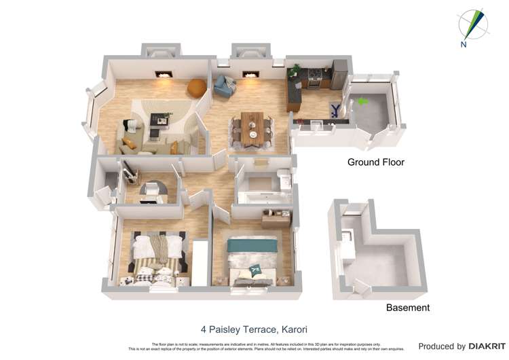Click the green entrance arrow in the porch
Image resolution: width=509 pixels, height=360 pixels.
(x=363, y=102)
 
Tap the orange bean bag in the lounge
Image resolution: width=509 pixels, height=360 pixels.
(x=196, y=86)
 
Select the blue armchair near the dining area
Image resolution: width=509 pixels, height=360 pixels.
(x=224, y=85)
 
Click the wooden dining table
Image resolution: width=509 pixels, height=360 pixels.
(x=252, y=127)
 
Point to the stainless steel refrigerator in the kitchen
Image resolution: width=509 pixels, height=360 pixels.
(x=339, y=74)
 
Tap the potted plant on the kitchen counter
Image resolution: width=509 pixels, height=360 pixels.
(x=297, y=70)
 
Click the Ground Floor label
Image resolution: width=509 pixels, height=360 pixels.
(x=375, y=162)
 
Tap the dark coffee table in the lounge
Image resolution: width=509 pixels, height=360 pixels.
(x=159, y=118)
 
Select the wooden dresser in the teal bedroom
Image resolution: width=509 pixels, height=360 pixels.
(x=276, y=217)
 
